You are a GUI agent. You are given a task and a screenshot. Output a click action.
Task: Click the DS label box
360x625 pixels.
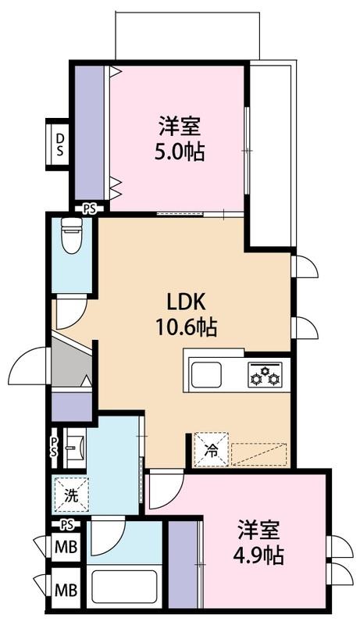tap(58, 145)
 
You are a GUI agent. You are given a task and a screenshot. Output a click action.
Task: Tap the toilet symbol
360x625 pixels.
tap(72, 236)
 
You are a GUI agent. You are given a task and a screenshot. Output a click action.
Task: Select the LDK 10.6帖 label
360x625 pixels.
tap(186, 316)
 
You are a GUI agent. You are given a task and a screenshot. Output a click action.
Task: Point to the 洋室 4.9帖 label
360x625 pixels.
tap(258, 542)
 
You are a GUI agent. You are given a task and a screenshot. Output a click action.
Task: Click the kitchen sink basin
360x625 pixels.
tap(206, 374)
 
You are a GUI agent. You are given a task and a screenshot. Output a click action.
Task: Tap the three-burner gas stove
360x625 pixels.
tap(266, 374)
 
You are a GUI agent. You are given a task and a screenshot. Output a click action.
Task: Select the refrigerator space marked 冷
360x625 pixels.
tap(211, 449)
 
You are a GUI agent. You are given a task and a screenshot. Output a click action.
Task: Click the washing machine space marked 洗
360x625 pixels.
tap(72, 495)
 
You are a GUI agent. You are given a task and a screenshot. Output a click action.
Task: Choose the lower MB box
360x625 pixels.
tap(66, 590)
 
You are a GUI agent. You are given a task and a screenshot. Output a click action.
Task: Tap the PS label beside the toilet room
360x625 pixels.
tap(90, 209)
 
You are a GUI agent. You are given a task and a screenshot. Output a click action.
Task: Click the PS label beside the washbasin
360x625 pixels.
tap(54, 446)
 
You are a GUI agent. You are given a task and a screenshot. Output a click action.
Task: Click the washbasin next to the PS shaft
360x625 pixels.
tap(76, 448)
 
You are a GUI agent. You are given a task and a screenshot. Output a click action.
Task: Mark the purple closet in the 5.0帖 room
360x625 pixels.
tap(90, 133)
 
